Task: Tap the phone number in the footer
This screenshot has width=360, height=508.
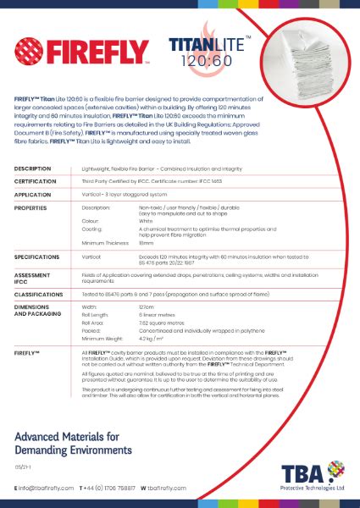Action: click(x=110, y=489)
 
